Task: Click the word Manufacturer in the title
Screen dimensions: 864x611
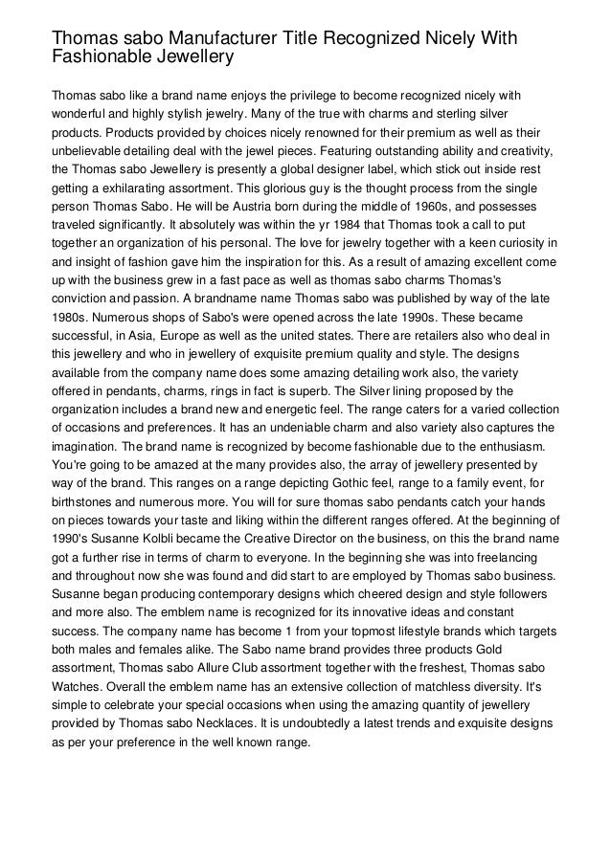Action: point(212,37)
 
